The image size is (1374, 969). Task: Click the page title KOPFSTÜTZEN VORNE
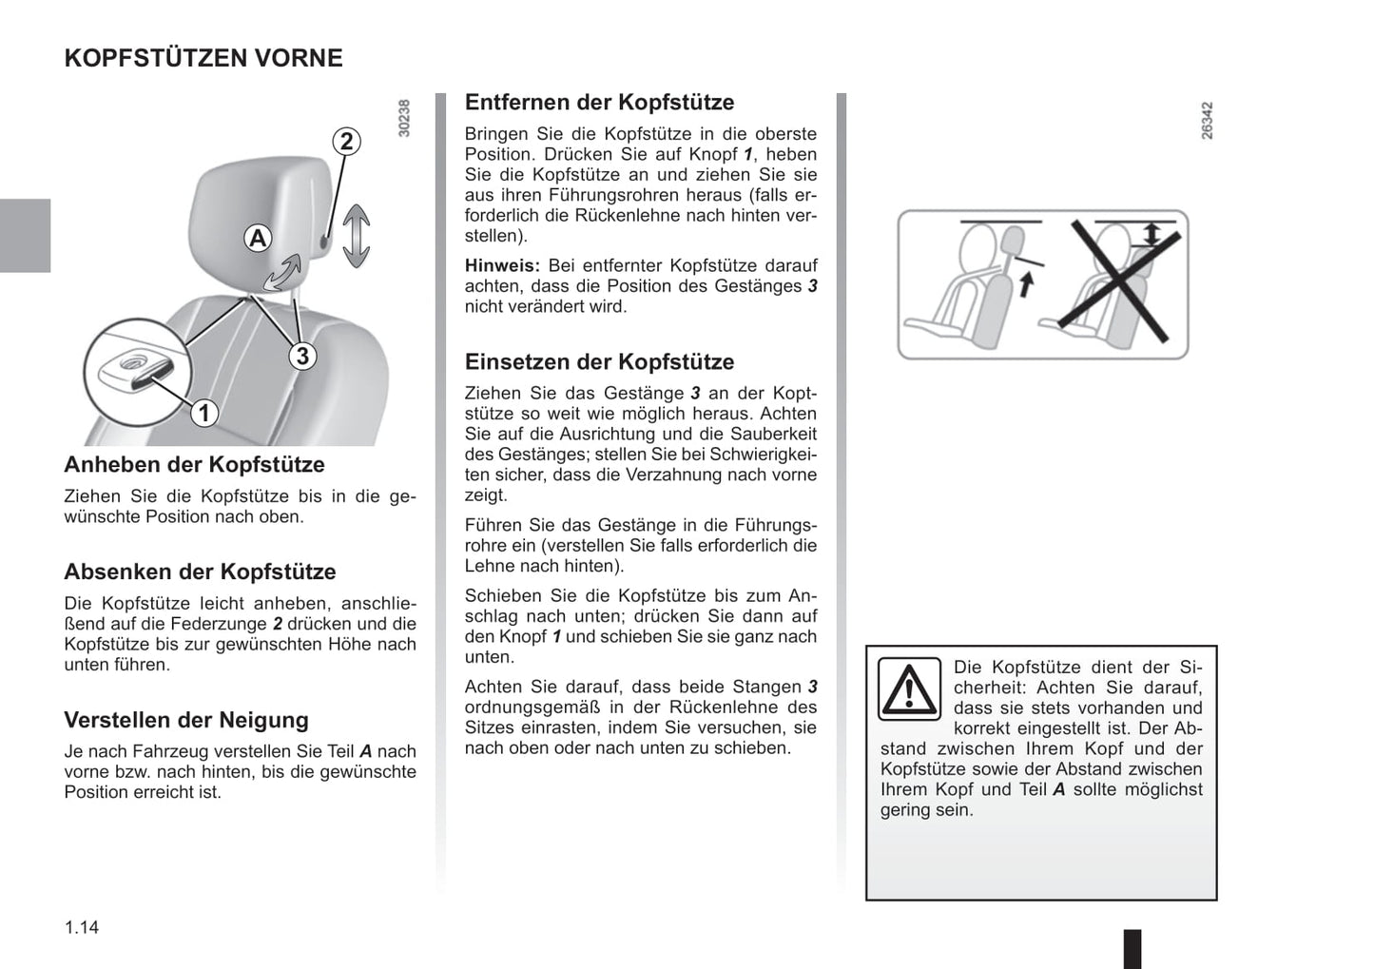[x=203, y=58]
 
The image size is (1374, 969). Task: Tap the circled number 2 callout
[x=346, y=142]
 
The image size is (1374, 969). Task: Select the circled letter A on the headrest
[x=258, y=238]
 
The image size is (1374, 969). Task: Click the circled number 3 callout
[x=302, y=356]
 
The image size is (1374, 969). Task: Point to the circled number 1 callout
[x=203, y=413]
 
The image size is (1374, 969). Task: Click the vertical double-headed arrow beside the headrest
[x=356, y=235]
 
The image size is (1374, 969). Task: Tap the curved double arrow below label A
[x=284, y=271]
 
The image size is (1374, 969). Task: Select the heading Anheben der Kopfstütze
[x=194, y=465]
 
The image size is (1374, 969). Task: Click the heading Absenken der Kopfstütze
[x=200, y=572]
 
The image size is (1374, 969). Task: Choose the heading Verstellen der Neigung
[x=186, y=720]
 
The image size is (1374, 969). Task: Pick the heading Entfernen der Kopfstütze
[x=599, y=103]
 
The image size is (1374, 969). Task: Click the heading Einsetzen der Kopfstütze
[x=599, y=362]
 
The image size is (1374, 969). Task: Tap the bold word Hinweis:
[x=502, y=266]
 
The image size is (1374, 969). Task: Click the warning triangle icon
[x=909, y=688]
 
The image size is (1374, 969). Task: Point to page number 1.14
[x=82, y=927]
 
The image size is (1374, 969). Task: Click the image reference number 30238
[x=404, y=119]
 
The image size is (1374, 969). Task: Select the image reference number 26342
[x=1207, y=121]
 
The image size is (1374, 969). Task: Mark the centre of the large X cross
[x=1119, y=281]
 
